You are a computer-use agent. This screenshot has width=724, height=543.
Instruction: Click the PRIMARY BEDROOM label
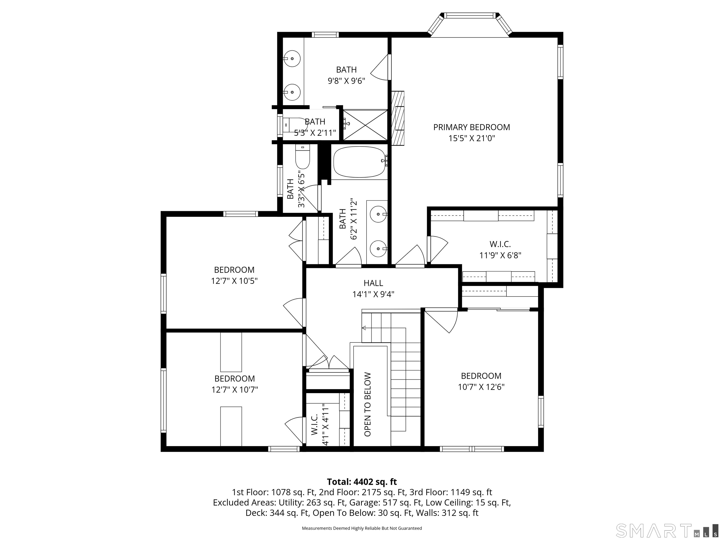(471, 127)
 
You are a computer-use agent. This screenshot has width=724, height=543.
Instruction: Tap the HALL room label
(373, 283)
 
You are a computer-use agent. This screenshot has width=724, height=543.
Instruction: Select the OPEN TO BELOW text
(368, 404)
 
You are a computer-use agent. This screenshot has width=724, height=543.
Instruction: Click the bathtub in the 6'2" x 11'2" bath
(359, 162)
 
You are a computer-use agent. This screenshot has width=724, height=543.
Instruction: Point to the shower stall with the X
(365, 125)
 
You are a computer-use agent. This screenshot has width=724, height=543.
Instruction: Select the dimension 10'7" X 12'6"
(481, 387)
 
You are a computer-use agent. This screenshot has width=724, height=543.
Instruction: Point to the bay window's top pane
(470, 15)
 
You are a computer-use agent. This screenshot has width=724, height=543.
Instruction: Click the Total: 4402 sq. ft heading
(362, 482)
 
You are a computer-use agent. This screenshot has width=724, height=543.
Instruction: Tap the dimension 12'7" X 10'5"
(234, 281)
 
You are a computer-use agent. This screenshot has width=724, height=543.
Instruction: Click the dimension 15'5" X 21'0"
(471, 138)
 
